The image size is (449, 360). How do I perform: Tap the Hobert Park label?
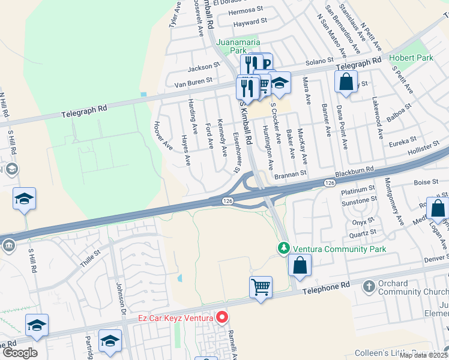tap(411, 58)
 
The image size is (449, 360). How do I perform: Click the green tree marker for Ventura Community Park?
tap(283, 248)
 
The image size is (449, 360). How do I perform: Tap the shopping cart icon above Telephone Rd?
tap(261, 287)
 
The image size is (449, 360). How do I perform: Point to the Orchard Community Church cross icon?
tap(368, 287)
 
